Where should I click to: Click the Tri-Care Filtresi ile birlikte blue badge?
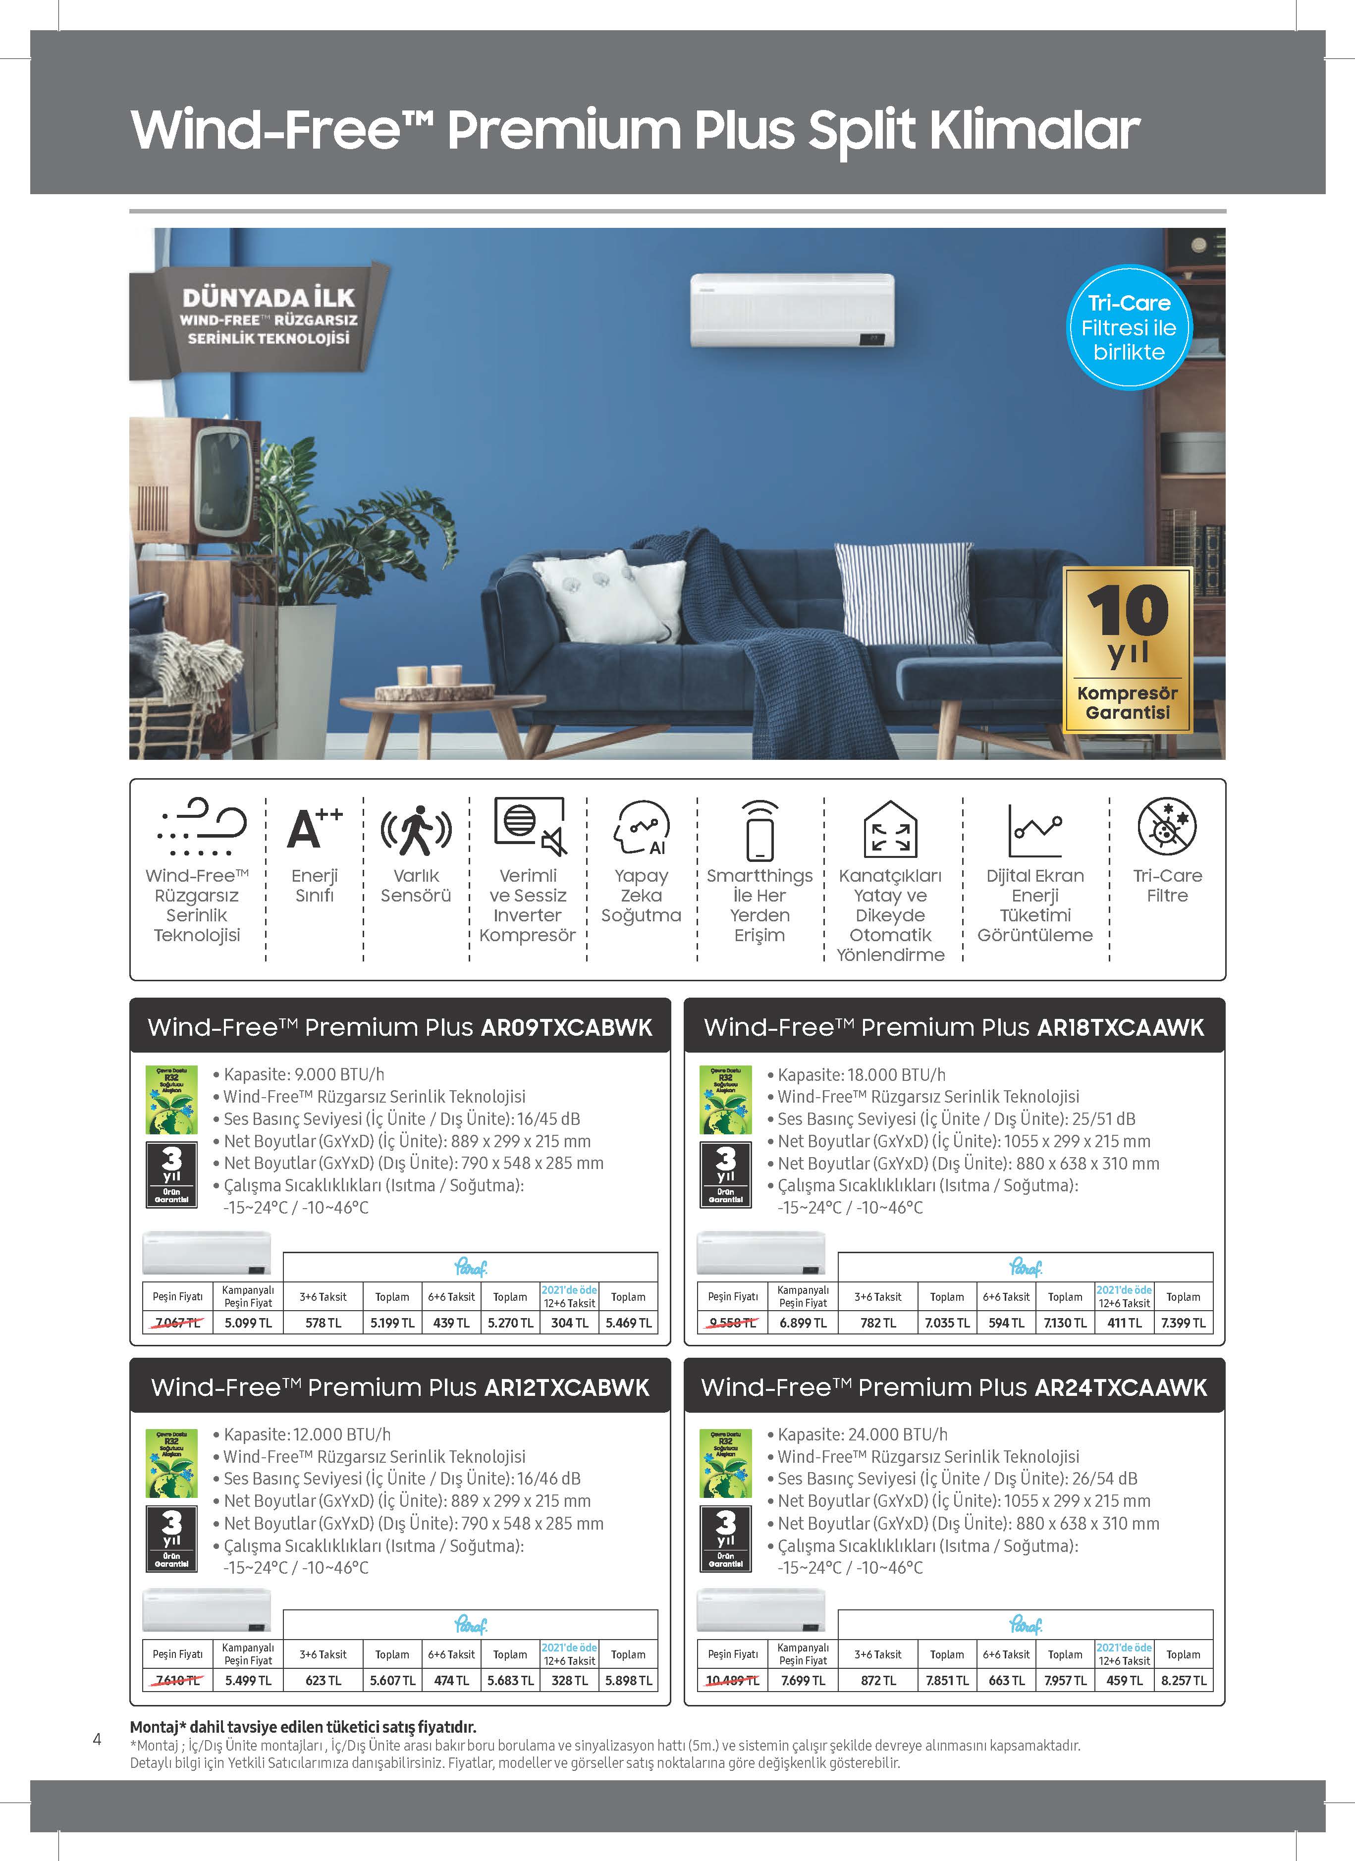(1129, 327)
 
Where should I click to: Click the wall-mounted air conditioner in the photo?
(792, 310)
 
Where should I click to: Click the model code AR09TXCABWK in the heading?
(566, 1027)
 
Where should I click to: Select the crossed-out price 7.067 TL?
(178, 1323)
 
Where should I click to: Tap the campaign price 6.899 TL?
(803, 1323)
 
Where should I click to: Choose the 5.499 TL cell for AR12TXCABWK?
(248, 1681)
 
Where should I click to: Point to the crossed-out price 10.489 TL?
(733, 1681)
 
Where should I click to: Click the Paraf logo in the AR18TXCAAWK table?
(1025, 1268)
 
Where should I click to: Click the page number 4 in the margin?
(97, 1739)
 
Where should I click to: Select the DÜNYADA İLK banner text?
(269, 297)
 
